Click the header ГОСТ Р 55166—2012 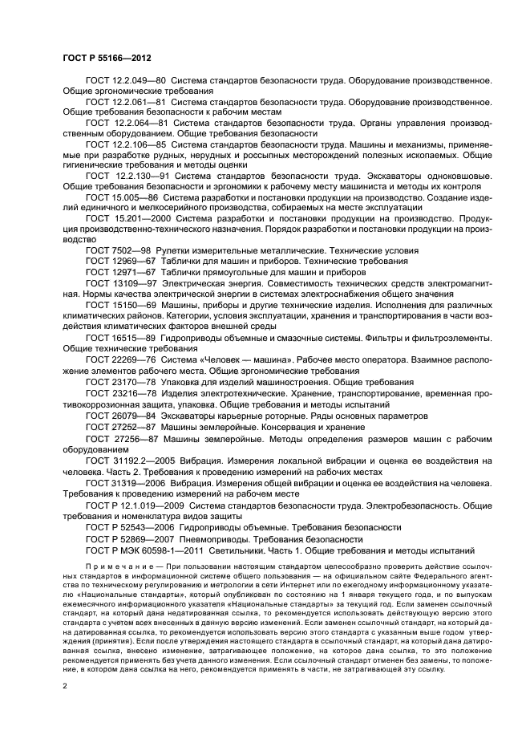107,58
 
